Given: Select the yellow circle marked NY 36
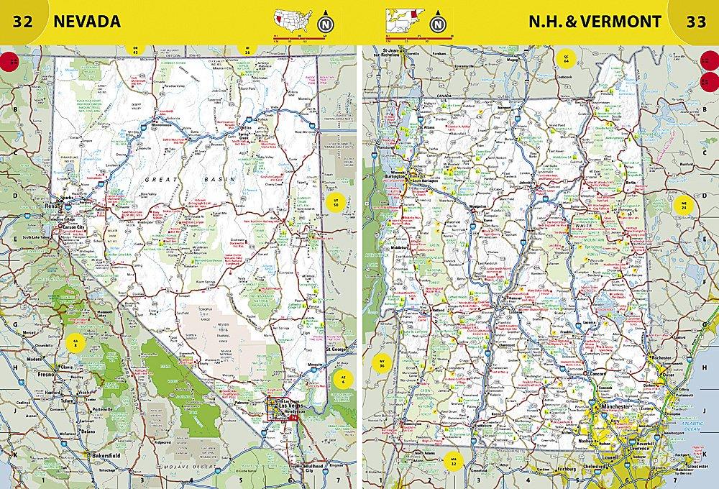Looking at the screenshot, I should [x=382, y=364].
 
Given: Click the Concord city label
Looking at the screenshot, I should [x=600, y=375].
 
